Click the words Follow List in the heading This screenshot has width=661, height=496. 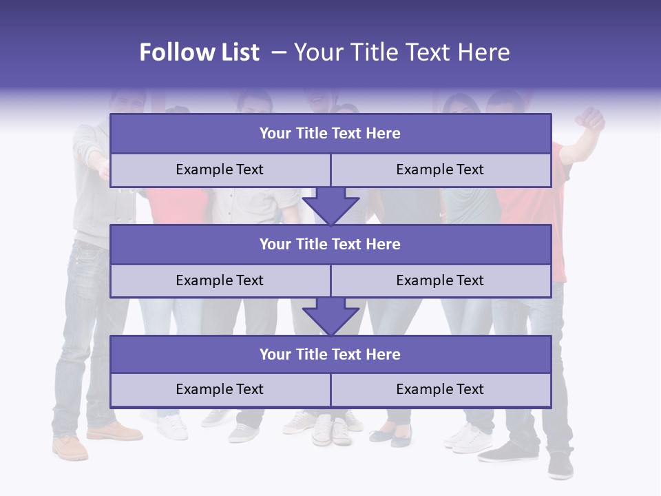tap(199, 52)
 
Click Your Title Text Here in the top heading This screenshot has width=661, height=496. tap(401, 52)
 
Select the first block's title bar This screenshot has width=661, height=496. tap(330, 134)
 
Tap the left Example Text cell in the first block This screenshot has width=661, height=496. tap(220, 169)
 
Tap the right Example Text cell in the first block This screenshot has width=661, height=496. tap(441, 169)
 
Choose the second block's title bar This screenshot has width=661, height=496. tap(330, 244)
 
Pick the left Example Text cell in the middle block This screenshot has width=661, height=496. tap(220, 280)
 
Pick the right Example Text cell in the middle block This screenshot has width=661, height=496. tap(441, 280)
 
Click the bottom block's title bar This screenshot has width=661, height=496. tap(330, 354)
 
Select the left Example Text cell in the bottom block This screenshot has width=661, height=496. tap(220, 389)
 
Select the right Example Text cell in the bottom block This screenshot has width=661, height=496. tap(441, 389)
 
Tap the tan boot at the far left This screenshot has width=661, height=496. tap(70, 448)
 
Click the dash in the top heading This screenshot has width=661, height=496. tap(278, 52)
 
